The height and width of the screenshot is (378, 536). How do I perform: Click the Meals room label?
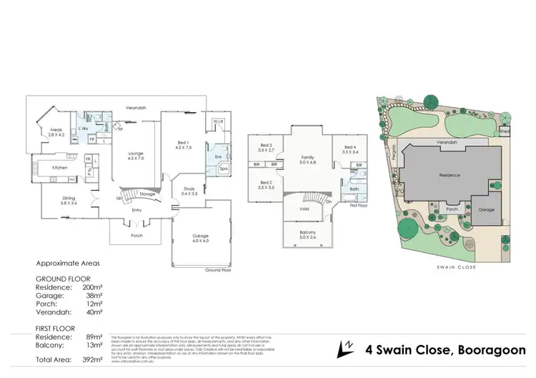point(56,131)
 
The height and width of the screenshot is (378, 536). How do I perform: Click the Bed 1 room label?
point(182,144)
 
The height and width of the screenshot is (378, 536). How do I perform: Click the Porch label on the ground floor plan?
point(137,235)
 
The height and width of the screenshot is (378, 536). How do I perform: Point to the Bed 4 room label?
point(349,149)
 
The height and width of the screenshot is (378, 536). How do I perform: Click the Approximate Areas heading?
point(68,264)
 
